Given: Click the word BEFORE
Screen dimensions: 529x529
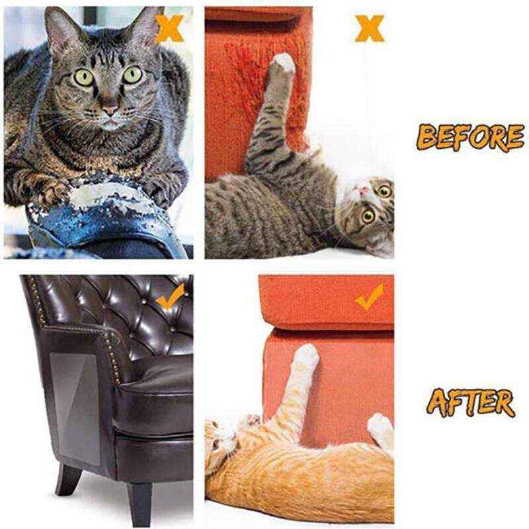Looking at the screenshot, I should (x=471, y=137).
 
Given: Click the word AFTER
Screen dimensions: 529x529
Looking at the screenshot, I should (x=469, y=401).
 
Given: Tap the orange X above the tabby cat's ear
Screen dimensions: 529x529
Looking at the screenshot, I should (x=169, y=28).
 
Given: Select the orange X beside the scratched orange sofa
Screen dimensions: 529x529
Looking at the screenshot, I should (x=369, y=28).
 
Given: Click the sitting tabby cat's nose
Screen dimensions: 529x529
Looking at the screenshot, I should (x=110, y=109).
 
